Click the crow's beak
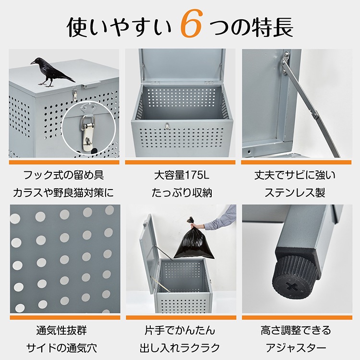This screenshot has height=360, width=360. [33, 62]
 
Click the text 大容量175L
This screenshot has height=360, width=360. [181, 175]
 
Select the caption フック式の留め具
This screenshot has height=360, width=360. [63, 175]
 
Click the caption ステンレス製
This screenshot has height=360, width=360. [295, 192]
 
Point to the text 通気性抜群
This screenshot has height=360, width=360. [61, 331]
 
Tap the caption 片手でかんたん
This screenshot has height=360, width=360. [180, 331]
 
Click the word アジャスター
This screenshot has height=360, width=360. [296, 348]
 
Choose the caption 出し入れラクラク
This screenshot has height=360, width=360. [180, 348]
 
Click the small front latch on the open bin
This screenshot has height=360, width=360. [168, 126]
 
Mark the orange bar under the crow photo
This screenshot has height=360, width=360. [64, 162]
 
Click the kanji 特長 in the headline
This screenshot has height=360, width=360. [273, 27]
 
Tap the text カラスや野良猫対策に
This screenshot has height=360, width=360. [63, 192]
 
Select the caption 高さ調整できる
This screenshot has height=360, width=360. [296, 331]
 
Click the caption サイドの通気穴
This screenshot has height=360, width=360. [61, 348]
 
